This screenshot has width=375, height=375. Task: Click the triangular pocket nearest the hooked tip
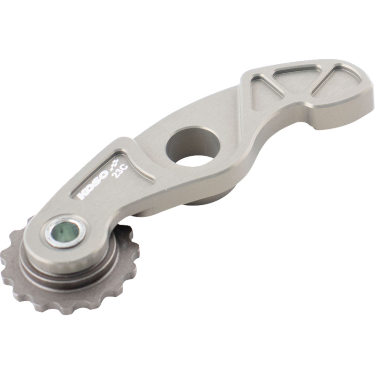[336, 80]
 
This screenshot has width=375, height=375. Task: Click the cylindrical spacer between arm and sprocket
[70, 274]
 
